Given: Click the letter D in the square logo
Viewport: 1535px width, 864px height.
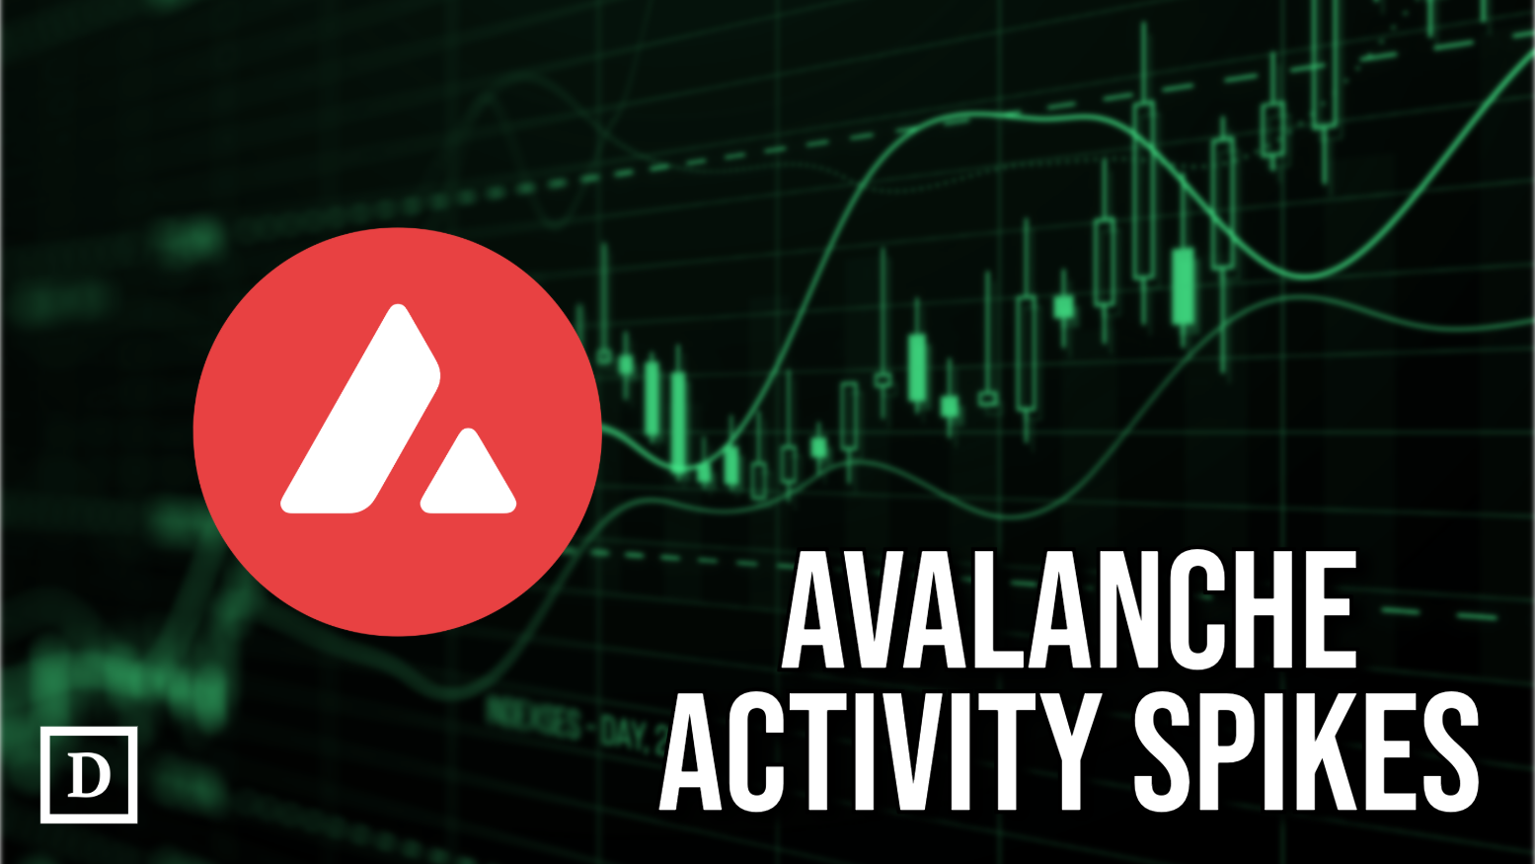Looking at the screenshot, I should coord(89,775).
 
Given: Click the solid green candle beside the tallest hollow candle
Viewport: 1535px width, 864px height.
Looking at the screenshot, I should coord(1183,286).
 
